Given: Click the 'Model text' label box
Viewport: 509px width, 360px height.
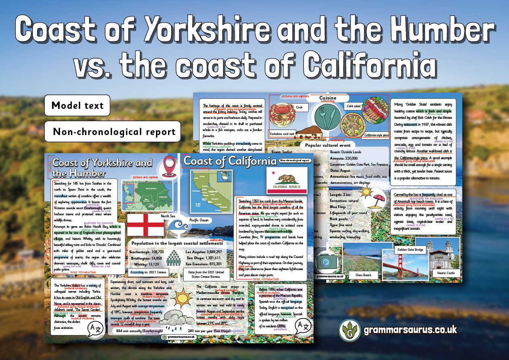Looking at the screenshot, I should pos(77,106).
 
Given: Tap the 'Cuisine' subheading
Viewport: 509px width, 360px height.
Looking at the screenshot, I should pos(327,98).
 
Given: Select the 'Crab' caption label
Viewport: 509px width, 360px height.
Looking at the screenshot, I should pos(299,108).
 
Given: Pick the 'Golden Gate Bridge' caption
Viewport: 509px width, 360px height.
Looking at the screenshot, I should pos(410,250).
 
